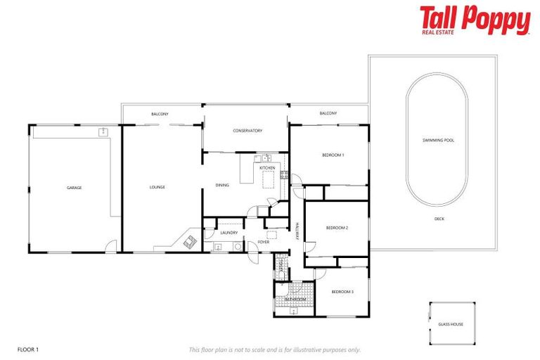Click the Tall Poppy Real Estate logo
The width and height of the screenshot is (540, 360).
(475, 20)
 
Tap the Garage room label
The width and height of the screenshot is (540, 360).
(74, 188)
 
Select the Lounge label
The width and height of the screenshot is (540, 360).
(157, 187)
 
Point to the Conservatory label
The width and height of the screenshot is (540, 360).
(247, 131)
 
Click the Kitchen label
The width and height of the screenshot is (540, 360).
(267, 168)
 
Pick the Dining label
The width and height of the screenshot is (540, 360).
(222, 186)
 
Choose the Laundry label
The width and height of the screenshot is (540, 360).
(229, 233)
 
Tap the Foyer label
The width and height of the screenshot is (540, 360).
(263, 242)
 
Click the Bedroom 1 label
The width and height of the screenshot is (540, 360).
(333, 155)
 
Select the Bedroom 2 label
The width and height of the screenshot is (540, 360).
(337, 228)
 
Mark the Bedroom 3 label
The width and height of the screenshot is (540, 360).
(342, 291)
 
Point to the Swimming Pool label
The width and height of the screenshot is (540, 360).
(438, 141)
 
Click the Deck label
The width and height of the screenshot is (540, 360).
(439, 219)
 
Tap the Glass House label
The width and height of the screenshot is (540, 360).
(451, 324)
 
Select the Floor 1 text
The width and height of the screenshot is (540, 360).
(27, 349)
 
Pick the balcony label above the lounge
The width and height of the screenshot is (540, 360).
(160, 114)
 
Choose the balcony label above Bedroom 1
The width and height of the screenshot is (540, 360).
(328, 113)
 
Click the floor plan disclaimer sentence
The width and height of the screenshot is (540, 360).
(275, 349)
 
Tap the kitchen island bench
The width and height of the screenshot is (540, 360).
(268, 181)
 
